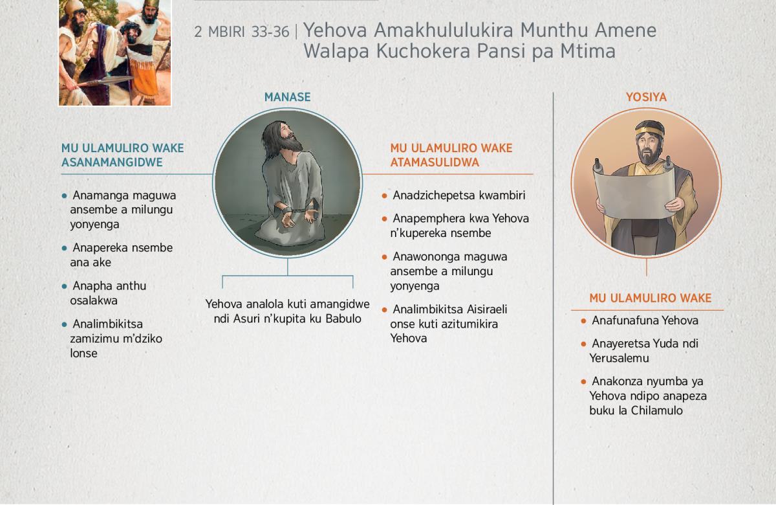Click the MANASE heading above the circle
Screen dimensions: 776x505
[x=287, y=97]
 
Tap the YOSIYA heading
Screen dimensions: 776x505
[x=646, y=97]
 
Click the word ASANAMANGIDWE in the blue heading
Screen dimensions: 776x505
[x=112, y=163]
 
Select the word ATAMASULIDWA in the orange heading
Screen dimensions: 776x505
[x=435, y=163]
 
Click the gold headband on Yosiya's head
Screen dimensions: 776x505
[x=649, y=131]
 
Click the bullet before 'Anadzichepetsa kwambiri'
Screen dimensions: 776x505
[x=384, y=196]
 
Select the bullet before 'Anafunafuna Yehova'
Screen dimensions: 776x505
[x=583, y=321]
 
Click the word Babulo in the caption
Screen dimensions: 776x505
[x=343, y=319]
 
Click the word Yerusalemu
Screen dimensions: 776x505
[x=619, y=358]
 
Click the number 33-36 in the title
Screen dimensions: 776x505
[x=270, y=32]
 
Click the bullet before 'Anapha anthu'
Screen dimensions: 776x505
[x=64, y=286]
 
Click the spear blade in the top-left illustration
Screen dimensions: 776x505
[x=111, y=80]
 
